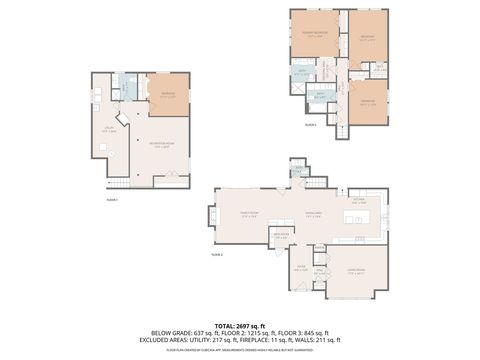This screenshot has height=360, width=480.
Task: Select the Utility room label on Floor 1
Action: pos(110,129)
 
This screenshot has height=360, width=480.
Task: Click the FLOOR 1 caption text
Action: pos(112,200)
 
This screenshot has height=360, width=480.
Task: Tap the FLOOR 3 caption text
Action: pos(311,125)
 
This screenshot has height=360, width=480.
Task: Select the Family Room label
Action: pos(247,212)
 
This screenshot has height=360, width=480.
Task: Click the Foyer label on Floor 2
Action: pos(300,268)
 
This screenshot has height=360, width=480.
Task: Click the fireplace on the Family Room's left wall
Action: pos(212,215)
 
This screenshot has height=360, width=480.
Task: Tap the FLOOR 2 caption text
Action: pos(216,255)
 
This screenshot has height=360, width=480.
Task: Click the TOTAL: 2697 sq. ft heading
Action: pos(240,326)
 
